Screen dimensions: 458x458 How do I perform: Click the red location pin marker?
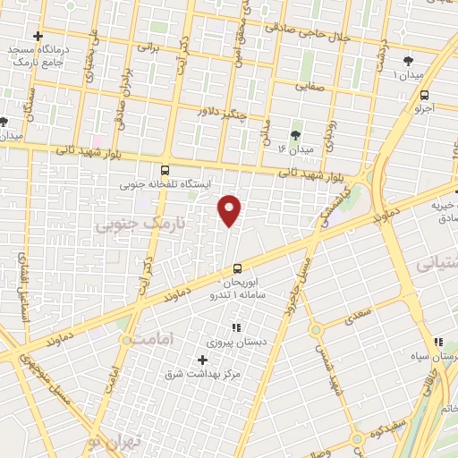(231, 209)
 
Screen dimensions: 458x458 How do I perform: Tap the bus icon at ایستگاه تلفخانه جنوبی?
(164, 170)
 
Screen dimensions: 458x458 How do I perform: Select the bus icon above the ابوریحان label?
(237, 268)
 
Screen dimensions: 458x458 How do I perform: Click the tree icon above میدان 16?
(296, 133)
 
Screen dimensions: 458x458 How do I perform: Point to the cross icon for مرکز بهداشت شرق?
(200, 359)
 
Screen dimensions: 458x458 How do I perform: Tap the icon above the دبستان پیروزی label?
(237, 327)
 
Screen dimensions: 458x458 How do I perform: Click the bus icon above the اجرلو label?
(424, 94)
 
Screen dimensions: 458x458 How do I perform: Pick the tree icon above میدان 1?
(408, 61)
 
